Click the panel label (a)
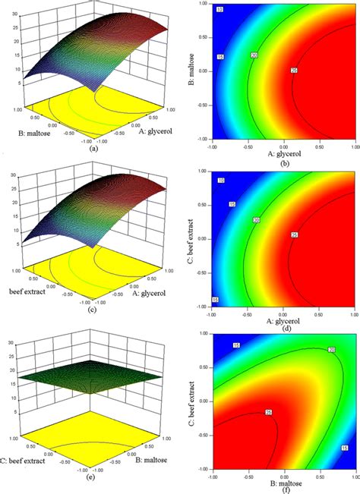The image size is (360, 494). click(x=93, y=149)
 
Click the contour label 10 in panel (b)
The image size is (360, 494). click(x=219, y=9)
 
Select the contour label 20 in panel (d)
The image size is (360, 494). click(x=256, y=220)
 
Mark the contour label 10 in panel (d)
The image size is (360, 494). click(x=219, y=181)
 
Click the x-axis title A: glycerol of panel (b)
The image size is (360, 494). click(x=282, y=154)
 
